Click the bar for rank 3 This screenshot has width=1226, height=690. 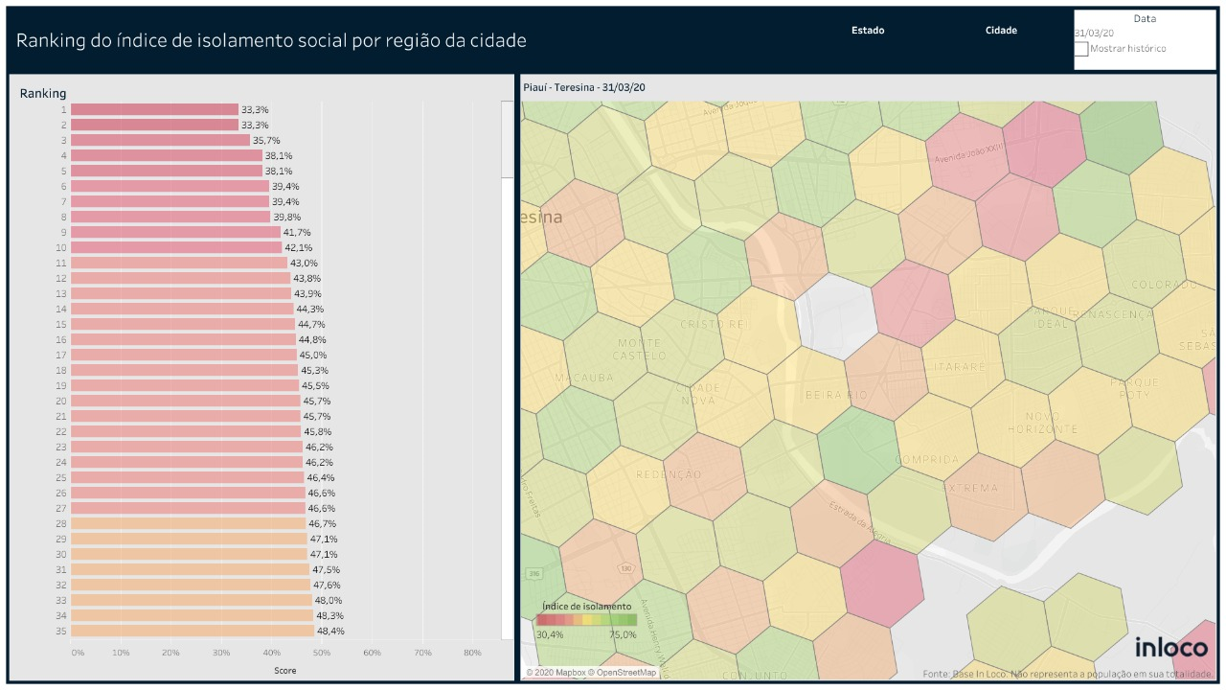[x=160, y=140]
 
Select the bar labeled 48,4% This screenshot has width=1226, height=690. [x=193, y=631]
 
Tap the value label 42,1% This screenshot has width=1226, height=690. [x=298, y=247]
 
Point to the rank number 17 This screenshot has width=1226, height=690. [x=61, y=355]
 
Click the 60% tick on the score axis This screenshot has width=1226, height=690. [x=372, y=653]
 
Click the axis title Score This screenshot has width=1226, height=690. [x=284, y=671]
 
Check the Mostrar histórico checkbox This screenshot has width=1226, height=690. [x=1081, y=49]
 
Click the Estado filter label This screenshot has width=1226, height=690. [x=868, y=31]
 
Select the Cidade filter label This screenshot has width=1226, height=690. [x=1001, y=31]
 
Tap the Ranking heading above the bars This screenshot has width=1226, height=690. [x=43, y=93]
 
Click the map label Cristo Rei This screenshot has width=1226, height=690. [x=713, y=324]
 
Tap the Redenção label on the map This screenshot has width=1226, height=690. [x=669, y=474]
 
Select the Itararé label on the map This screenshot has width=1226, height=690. [x=953, y=367]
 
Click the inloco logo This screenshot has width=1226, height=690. [x=1171, y=647]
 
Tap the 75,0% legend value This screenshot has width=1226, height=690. [x=623, y=634]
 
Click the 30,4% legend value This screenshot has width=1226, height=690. [x=550, y=634]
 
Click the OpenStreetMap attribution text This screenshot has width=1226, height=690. [x=624, y=673]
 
